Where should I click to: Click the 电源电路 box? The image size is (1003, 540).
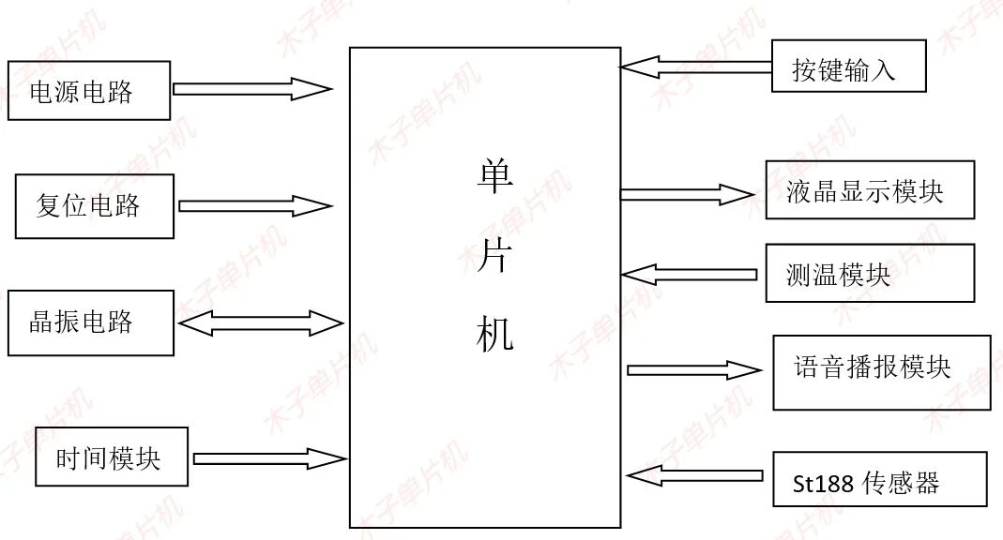pos(89,91)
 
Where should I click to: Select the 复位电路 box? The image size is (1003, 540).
pos(95,206)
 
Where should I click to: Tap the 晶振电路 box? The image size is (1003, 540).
pos(91,323)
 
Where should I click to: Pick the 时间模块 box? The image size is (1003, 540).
pos(111,457)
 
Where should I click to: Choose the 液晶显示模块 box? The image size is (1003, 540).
pos(869,190)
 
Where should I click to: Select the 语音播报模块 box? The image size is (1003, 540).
pos(881,372)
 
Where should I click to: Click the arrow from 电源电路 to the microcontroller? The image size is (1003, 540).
pos(252,89)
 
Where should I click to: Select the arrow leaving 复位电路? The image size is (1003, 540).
pos(255,205)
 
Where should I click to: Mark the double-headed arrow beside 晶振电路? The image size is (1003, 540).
pos(261,323)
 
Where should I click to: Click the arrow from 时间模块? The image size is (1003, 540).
pos(269,458)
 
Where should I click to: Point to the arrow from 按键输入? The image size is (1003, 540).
pos(695,67)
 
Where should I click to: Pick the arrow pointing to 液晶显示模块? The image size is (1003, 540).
pos(687,194)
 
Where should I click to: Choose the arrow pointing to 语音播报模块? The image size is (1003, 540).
pos(693,369)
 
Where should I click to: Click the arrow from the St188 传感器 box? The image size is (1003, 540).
pos(694,475)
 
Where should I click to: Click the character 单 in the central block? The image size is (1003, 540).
pos(494,175)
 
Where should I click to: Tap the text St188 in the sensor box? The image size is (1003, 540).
pos(823,485)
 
